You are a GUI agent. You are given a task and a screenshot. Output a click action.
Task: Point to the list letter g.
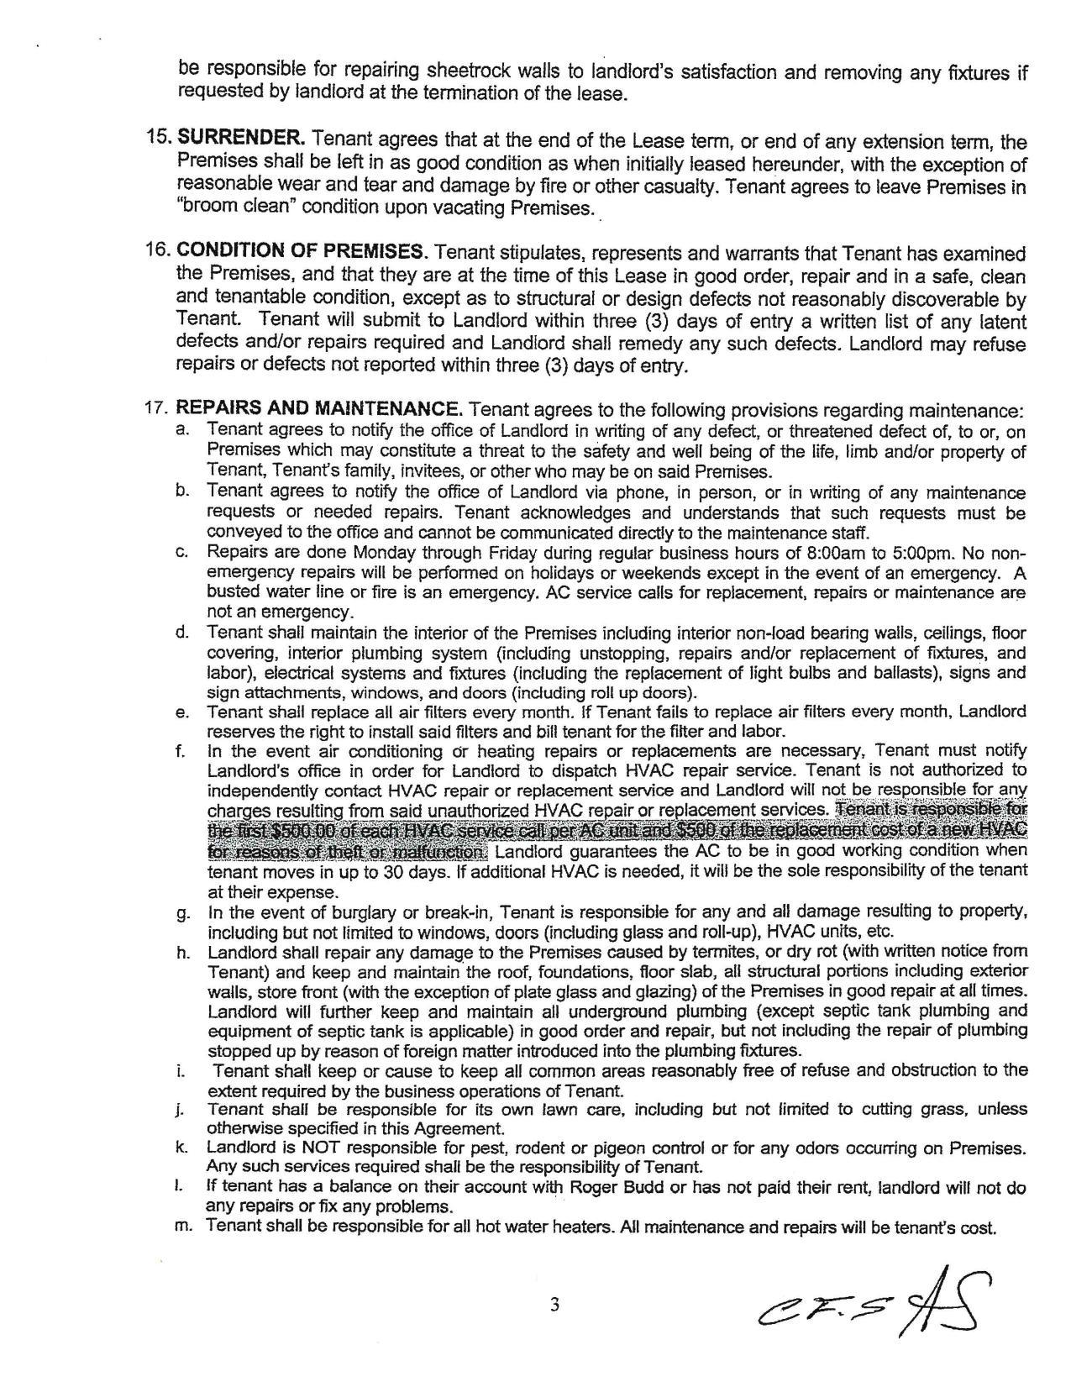click(x=181, y=913)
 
